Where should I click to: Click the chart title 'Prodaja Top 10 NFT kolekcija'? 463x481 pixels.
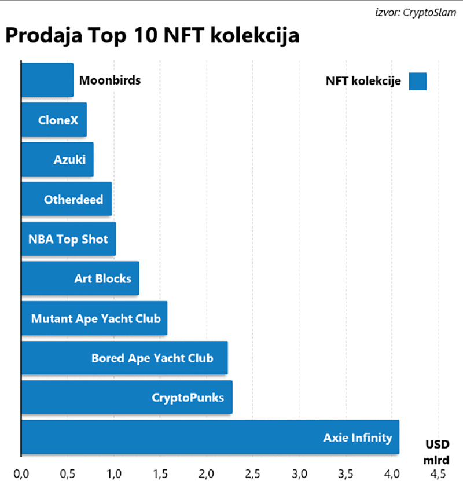tap(153, 35)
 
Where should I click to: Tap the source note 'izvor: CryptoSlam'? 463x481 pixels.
tap(417, 10)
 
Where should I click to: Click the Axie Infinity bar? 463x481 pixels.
tap(210, 437)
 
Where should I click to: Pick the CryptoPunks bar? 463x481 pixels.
tap(127, 398)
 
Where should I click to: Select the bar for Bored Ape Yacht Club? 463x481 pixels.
tap(124, 358)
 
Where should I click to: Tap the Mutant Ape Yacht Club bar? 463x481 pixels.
tap(94, 318)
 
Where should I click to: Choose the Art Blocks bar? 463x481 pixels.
tap(80, 278)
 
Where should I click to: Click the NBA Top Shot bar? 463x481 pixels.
tap(68, 239)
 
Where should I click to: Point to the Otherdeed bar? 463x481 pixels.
tap(67, 200)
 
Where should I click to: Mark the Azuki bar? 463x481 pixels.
tap(57, 160)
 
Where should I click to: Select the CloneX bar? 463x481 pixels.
tap(54, 120)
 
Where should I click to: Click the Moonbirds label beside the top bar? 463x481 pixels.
tap(110, 80)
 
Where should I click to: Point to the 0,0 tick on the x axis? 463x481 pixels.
tap(21, 472)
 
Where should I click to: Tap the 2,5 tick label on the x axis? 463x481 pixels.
tap(253, 472)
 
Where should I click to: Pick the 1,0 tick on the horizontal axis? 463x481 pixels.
tap(114, 472)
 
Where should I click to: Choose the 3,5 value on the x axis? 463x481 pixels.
tap(346, 472)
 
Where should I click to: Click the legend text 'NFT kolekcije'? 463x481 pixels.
tap(363, 82)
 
